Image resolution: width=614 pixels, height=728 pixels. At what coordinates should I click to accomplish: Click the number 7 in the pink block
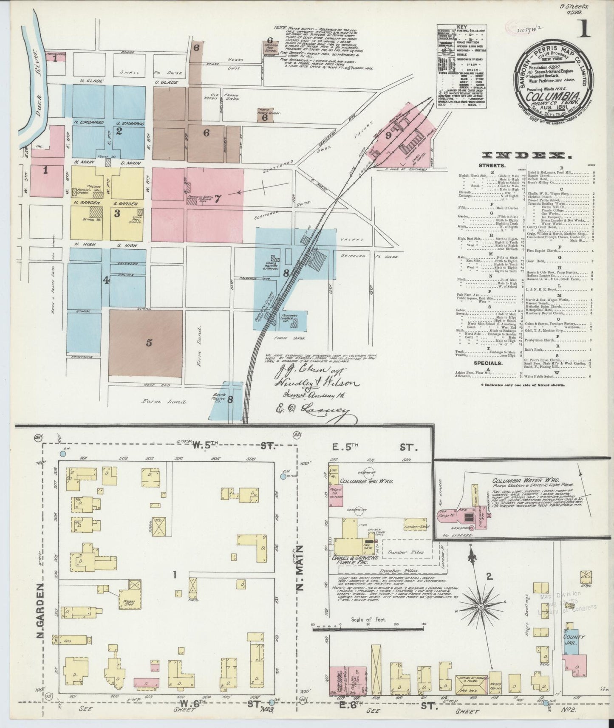tap(218, 198)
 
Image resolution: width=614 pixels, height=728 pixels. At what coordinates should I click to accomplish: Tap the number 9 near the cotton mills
tap(388, 136)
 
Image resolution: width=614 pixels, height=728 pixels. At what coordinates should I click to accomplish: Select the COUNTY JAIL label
tap(574, 640)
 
